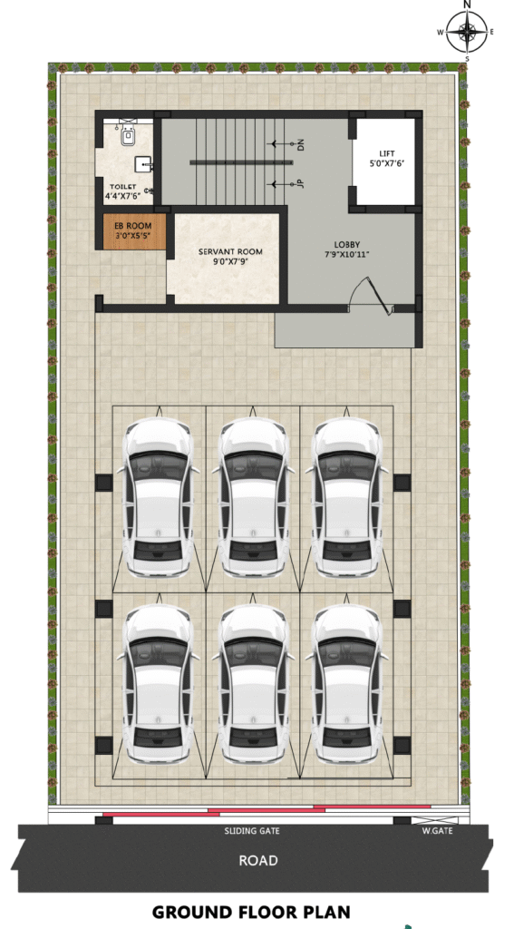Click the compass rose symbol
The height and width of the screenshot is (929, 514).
tap(467, 32)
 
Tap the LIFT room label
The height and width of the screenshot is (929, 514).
tap(386, 153)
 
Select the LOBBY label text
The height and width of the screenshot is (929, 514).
tap(347, 244)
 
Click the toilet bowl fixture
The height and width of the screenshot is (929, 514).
tap(128, 135)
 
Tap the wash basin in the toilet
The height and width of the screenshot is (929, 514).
tap(143, 163)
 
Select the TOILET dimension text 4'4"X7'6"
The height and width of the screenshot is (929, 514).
tap(122, 196)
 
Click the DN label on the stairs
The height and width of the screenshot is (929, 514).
tap(300, 144)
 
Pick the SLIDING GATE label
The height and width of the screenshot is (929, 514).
tap(252, 831)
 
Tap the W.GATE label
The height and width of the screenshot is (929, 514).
tap(438, 831)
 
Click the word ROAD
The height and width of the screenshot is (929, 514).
tap(258, 860)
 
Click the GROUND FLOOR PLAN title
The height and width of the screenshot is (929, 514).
tap(251, 912)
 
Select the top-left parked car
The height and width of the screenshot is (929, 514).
tap(158, 498)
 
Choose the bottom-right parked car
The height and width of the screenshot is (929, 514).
tap(346, 684)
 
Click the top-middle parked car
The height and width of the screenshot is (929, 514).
tap(253, 498)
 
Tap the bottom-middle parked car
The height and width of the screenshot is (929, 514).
tap(253, 684)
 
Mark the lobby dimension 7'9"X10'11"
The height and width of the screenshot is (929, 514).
tap(347, 255)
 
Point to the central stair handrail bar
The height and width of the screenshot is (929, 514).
tap(242, 161)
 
